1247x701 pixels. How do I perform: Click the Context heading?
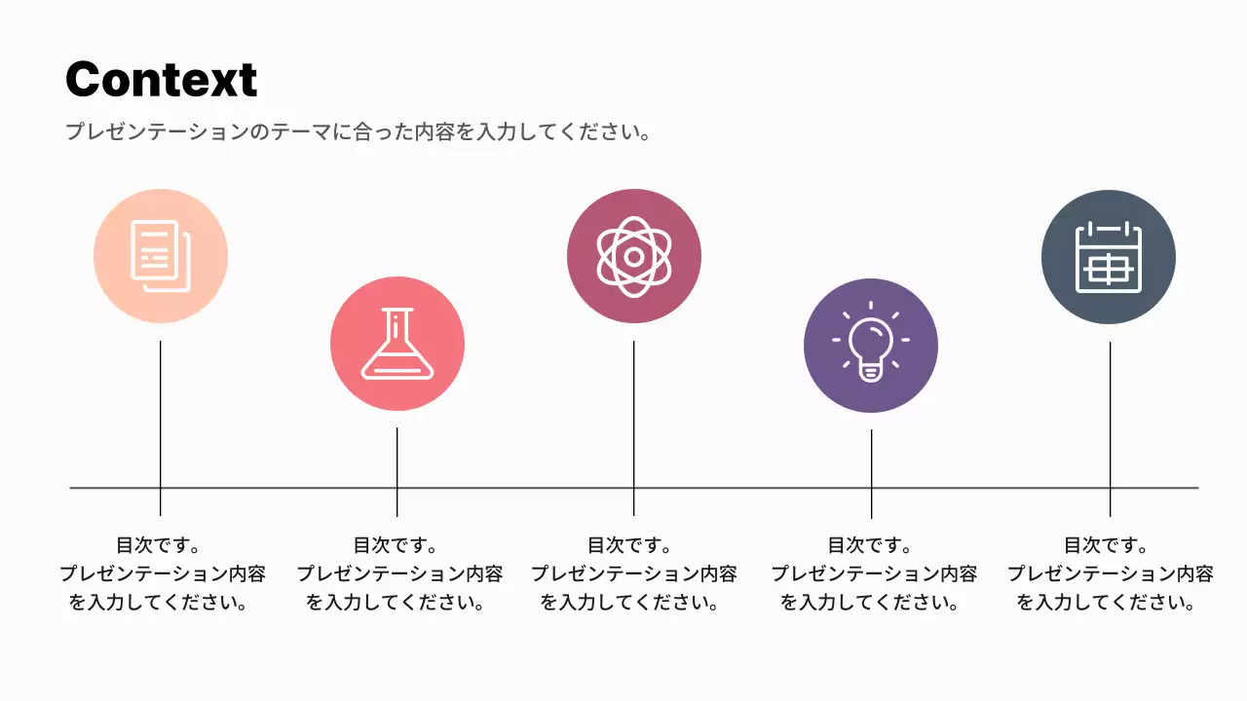(162, 79)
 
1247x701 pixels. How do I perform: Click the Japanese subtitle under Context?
(358, 131)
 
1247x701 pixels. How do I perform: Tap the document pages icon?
(160, 256)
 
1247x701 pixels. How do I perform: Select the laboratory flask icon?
(397, 344)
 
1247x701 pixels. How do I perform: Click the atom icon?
(634, 256)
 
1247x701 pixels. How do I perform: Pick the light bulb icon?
(871, 346)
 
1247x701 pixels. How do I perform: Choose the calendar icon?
(1109, 257)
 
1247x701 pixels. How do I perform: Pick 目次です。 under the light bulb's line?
(870, 545)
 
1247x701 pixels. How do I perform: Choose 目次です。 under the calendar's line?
(1106, 545)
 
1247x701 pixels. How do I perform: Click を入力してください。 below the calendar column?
(1106, 603)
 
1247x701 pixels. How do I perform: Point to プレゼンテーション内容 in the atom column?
(634, 573)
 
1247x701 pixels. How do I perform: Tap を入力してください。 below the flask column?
(396, 603)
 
